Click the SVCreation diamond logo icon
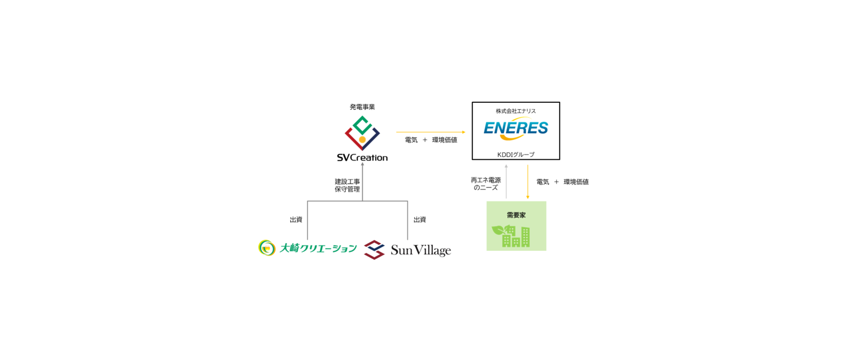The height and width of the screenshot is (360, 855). point(362,133)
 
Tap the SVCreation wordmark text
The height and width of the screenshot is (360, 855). point(362,157)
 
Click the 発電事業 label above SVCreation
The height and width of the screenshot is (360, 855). point(362,107)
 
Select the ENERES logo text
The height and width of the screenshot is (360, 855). point(515,128)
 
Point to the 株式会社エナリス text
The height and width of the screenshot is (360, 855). point(515,111)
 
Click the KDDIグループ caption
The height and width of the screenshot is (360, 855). point(515,155)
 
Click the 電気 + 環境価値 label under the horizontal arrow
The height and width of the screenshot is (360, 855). point(431,140)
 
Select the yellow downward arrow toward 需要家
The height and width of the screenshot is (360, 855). point(528,182)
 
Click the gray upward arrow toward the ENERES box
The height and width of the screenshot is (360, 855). point(506,182)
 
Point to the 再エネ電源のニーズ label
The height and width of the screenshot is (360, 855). point(485,184)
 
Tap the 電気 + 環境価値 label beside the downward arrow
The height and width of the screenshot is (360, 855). point(562,182)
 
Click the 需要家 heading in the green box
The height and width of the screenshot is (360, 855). point(516,215)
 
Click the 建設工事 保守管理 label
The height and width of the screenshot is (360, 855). point(347,185)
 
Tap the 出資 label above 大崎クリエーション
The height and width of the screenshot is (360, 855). point(296,220)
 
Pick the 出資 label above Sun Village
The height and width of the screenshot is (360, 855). point(419,220)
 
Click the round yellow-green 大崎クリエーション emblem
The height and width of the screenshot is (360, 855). point(266,247)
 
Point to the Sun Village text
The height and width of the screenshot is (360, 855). point(421,250)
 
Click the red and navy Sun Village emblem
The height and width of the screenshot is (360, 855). point(374,250)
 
